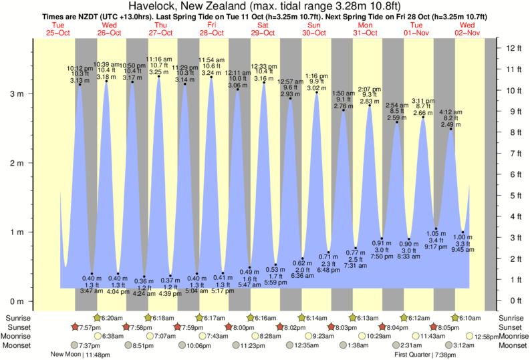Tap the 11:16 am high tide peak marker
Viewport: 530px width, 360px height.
click(x=158, y=77)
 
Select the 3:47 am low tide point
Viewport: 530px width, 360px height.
click(x=92, y=274)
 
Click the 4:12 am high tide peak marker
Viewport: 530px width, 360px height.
click(x=450, y=129)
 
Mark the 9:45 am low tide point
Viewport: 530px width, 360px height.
click(x=462, y=232)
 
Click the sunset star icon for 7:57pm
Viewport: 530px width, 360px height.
click(x=76, y=327)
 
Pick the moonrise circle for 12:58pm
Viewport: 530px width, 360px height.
click(x=471, y=336)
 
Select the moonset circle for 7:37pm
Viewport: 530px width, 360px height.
click(x=74, y=345)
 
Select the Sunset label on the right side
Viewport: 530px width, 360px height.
click(x=512, y=327)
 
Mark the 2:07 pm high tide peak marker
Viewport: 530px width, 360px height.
click(x=370, y=106)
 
